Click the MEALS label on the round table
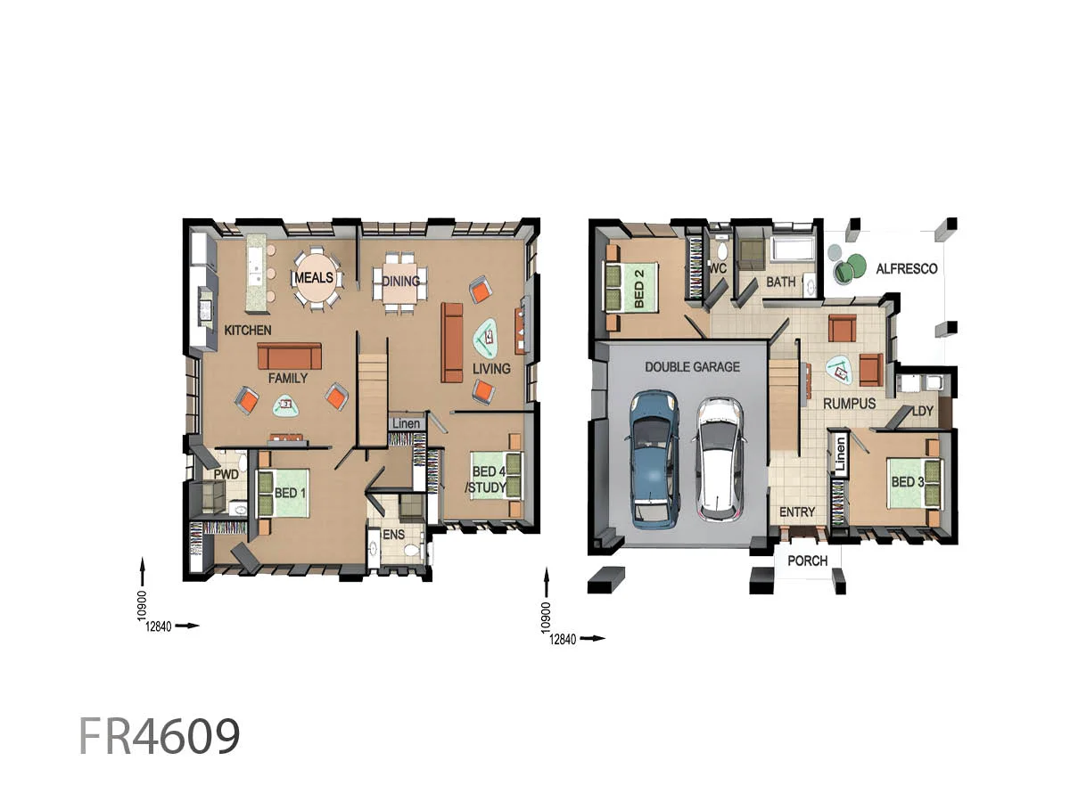[x=314, y=278]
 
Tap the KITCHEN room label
[x=248, y=331]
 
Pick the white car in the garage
[x=719, y=457]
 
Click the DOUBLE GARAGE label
[x=692, y=366]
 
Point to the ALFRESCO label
[x=906, y=268]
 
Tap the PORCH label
[x=807, y=561]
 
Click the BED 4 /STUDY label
[x=489, y=479]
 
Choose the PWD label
[x=226, y=475]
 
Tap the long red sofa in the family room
[x=289, y=356]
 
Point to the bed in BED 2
[x=632, y=286]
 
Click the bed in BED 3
[x=910, y=482]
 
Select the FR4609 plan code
[x=160, y=737]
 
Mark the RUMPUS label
[x=849, y=404]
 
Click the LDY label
[x=922, y=411]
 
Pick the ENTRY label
[x=796, y=512]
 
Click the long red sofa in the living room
[x=452, y=341]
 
